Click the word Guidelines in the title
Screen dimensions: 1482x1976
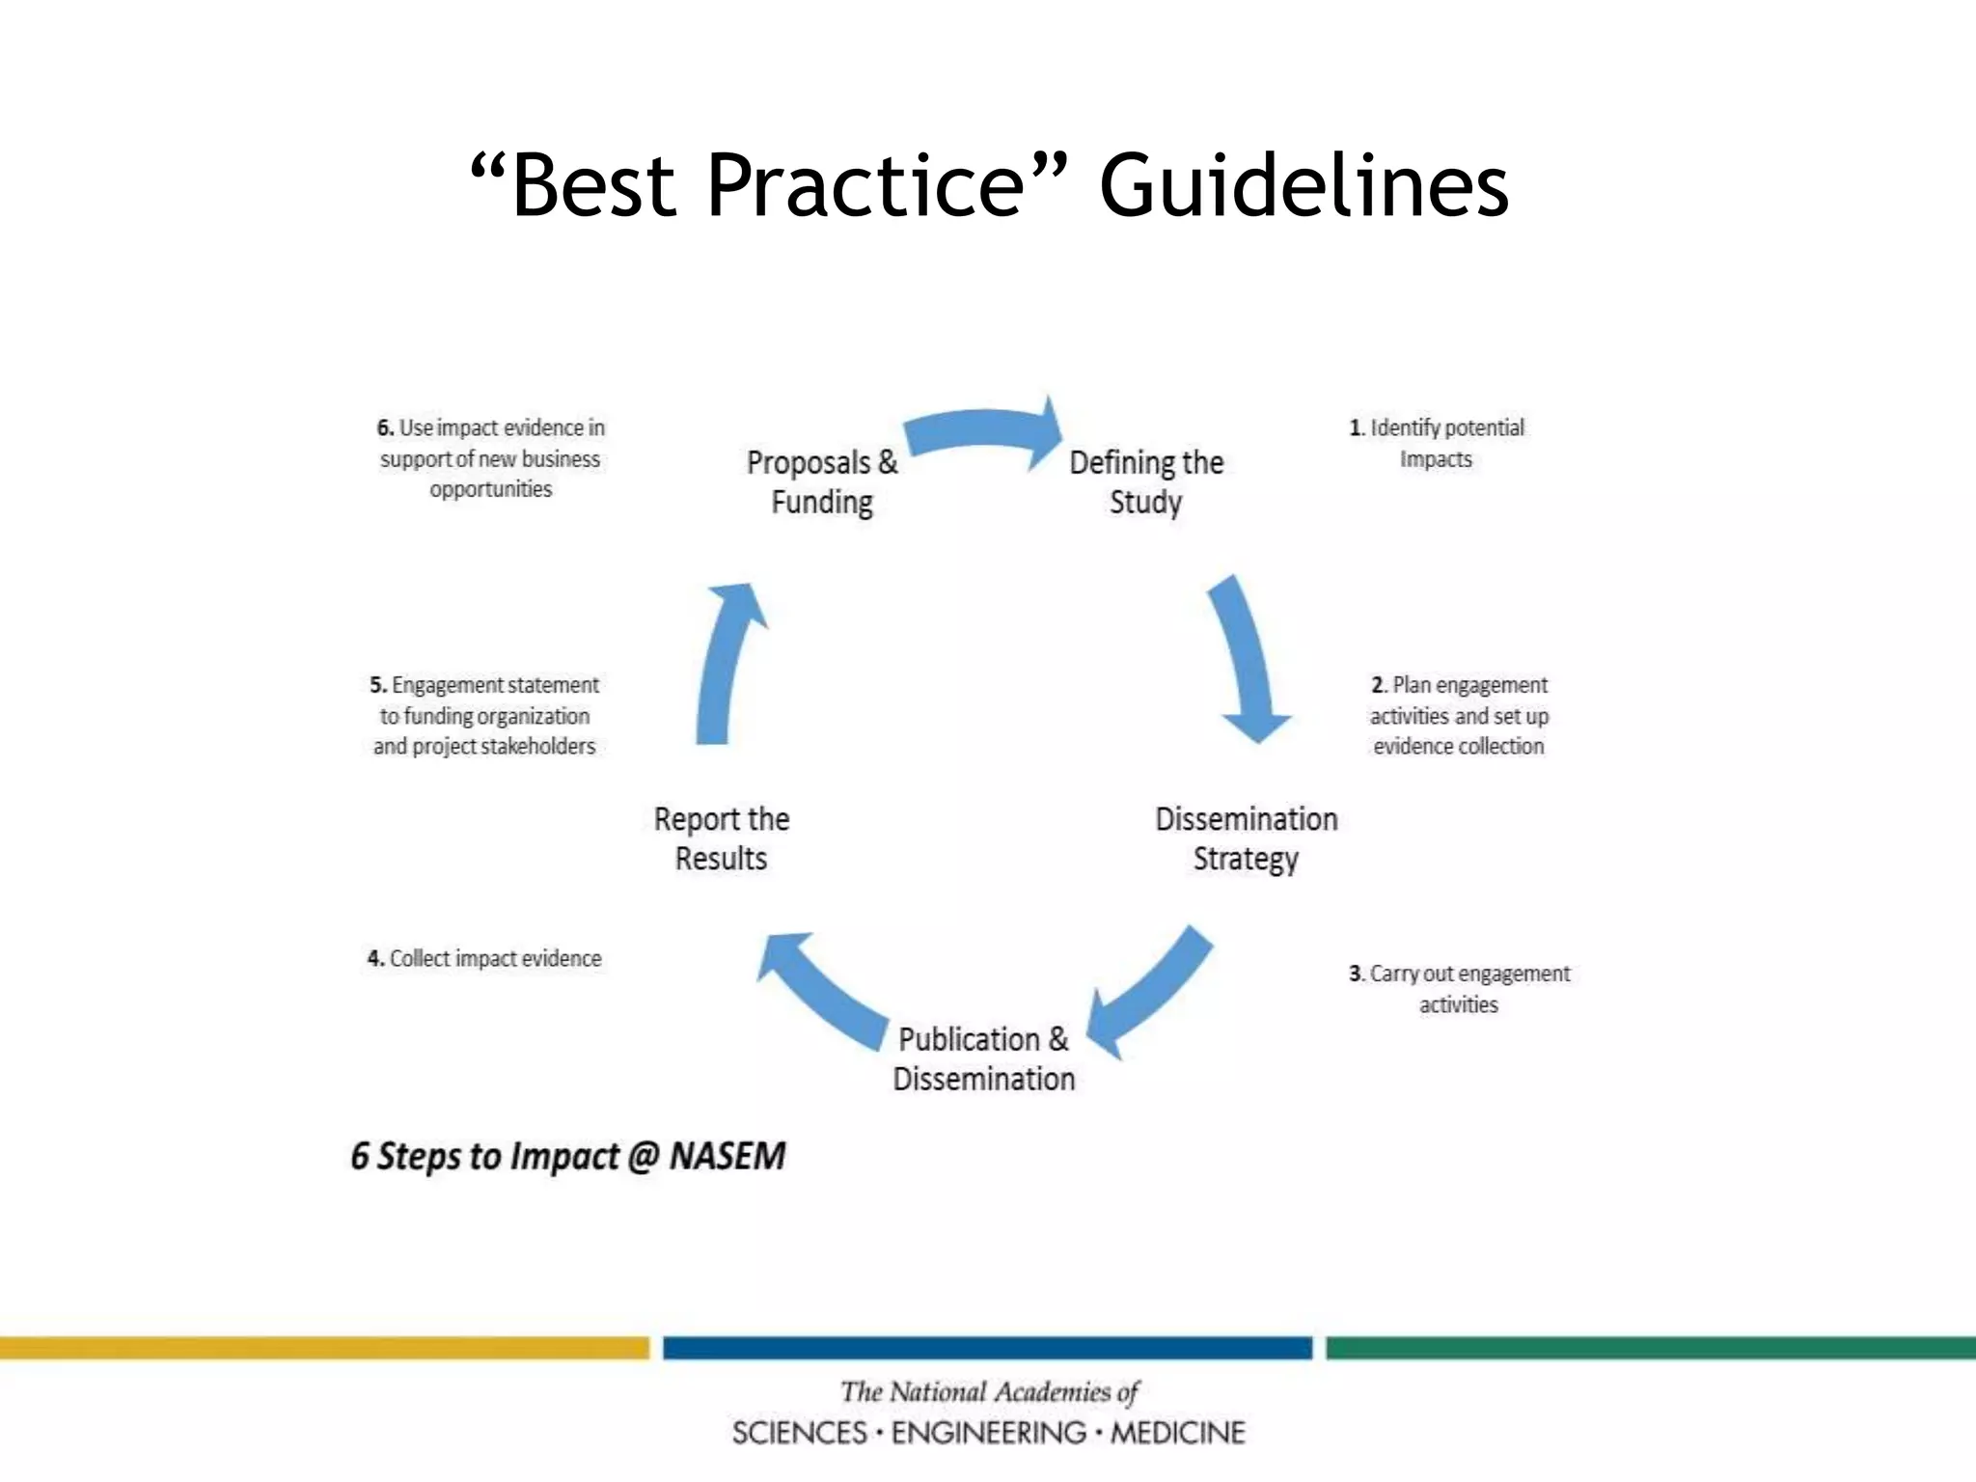1304,185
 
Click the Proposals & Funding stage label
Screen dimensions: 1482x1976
822,482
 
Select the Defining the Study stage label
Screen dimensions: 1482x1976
1146,482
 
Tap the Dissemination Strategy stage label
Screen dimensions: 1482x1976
1246,838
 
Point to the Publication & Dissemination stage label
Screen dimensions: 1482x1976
983,1058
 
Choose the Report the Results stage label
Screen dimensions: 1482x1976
722,838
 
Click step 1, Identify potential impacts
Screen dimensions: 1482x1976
1437,443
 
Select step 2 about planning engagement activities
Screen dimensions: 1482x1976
1459,715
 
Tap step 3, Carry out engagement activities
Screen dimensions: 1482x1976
1459,988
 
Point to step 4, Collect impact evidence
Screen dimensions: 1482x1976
484,958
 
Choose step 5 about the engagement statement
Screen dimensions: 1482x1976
484,715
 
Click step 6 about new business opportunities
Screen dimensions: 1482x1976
490,458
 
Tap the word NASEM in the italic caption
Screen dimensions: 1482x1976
727,1156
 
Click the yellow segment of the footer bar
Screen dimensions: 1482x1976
324,1348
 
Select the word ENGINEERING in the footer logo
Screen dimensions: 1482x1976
988,1433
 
